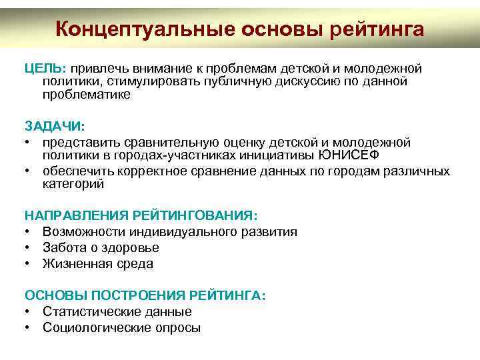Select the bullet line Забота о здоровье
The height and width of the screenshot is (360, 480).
pyautogui.click(x=101, y=247)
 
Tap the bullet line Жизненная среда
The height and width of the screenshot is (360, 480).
pyautogui.click(x=97, y=263)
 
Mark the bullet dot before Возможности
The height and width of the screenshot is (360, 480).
pyautogui.click(x=29, y=232)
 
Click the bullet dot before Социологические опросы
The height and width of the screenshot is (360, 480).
pyautogui.click(x=29, y=327)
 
